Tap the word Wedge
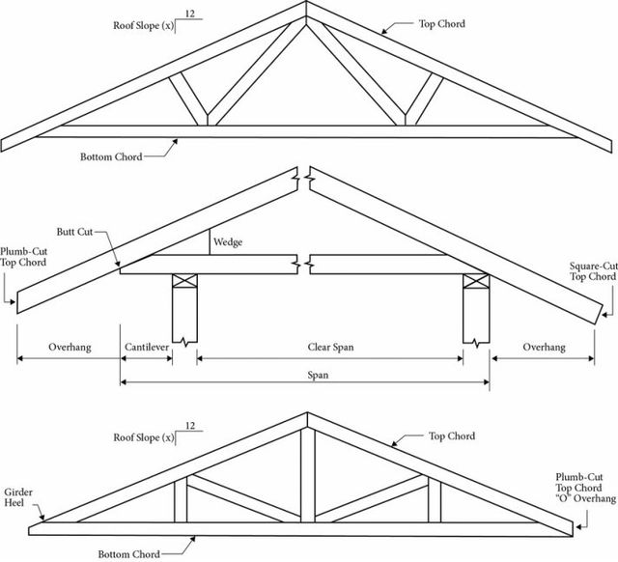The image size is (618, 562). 228,242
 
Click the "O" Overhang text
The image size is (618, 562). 581,500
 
